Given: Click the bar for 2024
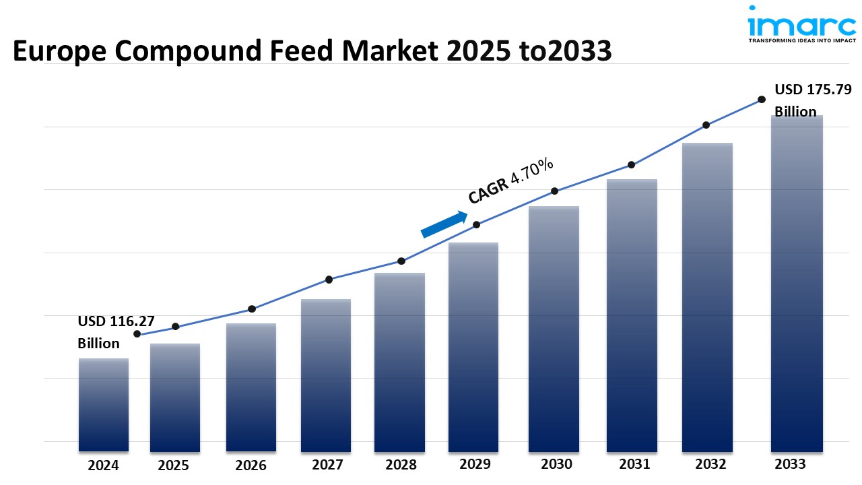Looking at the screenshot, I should pyautogui.click(x=104, y=404).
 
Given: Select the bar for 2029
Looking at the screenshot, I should pyautogui.click(x=473, y=347).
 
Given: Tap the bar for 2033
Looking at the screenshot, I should pyautogui.click(x=797, y=283).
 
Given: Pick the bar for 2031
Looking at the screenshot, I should pyautogui.click(x=632, y=315).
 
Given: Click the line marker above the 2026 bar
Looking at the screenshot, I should pyautogui.click(x=252, y=309).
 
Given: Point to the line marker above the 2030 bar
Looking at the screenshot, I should pyautogui.click(x=555, y=191).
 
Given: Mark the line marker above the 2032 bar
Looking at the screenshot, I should pyautogui.click(x=706, y=125).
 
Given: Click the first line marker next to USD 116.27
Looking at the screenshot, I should pyautogui.click(x=137, y=333).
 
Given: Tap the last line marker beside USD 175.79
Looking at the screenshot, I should pyautogui.click(x=762, y=99).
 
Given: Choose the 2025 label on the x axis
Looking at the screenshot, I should pyautogui.click(x=174, y=465).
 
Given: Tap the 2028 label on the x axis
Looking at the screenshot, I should pyautogui.click(x=400, y=465).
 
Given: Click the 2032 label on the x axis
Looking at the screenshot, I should pyautogui.click(x=710, y=464).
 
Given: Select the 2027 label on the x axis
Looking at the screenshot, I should pyautogui.click(x=328, y=465).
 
